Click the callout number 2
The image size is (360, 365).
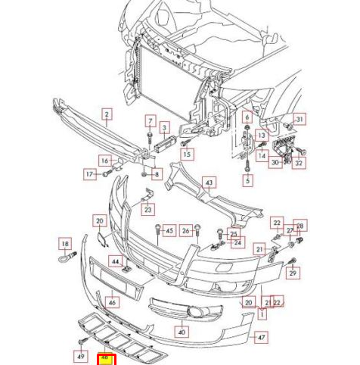(x=107, y=115)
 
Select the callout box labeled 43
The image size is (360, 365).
(x=209, y=182)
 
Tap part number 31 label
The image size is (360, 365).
(x=299, y=119)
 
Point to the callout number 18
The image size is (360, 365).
(x=65, y=244)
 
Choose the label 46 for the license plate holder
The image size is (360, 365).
(x=112, y=302)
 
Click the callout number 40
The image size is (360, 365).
(x=182, y=332)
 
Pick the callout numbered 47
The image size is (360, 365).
(x=262, y=337)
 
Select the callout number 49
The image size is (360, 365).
(x=82, y=356)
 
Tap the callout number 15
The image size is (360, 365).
(x=187, y=154)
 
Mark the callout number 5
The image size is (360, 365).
(x=247, y=181)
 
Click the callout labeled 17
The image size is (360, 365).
(x=89, y=174)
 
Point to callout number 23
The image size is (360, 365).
(x=148, y=210)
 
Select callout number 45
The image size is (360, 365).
(x=169, y=230)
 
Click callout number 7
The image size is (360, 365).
(x=151, y=121)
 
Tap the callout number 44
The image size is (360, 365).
(x=116, y=262)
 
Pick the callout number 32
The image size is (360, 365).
(x=299, y=163)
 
